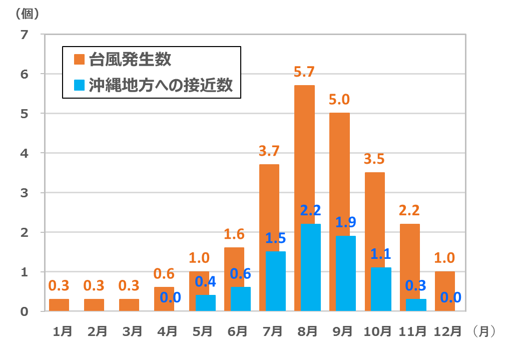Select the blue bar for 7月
click(x=276, y=281)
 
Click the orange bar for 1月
click(x=59, y=305)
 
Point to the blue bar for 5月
click(x=206, y=303)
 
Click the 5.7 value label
click(x=304, y=73)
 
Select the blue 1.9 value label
click(x=345, y=223)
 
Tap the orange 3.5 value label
click(x=374, y=160)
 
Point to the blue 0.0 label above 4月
click(x=171, y=298)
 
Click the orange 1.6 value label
click(x=234, y=235)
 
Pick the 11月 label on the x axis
click(x=413, y=331)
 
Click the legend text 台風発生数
click(x=130, y=60)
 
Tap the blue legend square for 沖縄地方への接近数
click(x=80, y=85)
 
